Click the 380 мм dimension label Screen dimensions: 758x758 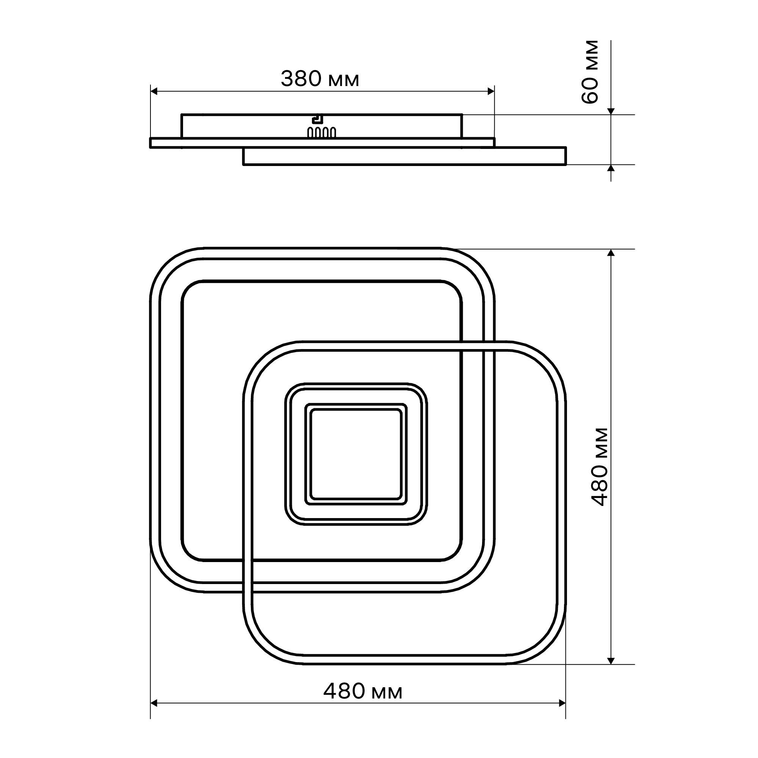click(320, 79)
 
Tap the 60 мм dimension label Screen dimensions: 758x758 click(590, 72)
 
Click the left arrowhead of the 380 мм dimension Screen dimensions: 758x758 click(154, 91)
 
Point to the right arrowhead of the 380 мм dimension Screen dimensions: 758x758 click(490, 91)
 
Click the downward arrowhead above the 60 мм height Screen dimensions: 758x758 click(611, 111)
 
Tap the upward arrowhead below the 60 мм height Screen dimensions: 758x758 click(611, 168)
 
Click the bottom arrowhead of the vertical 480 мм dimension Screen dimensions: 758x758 click(611, 661)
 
